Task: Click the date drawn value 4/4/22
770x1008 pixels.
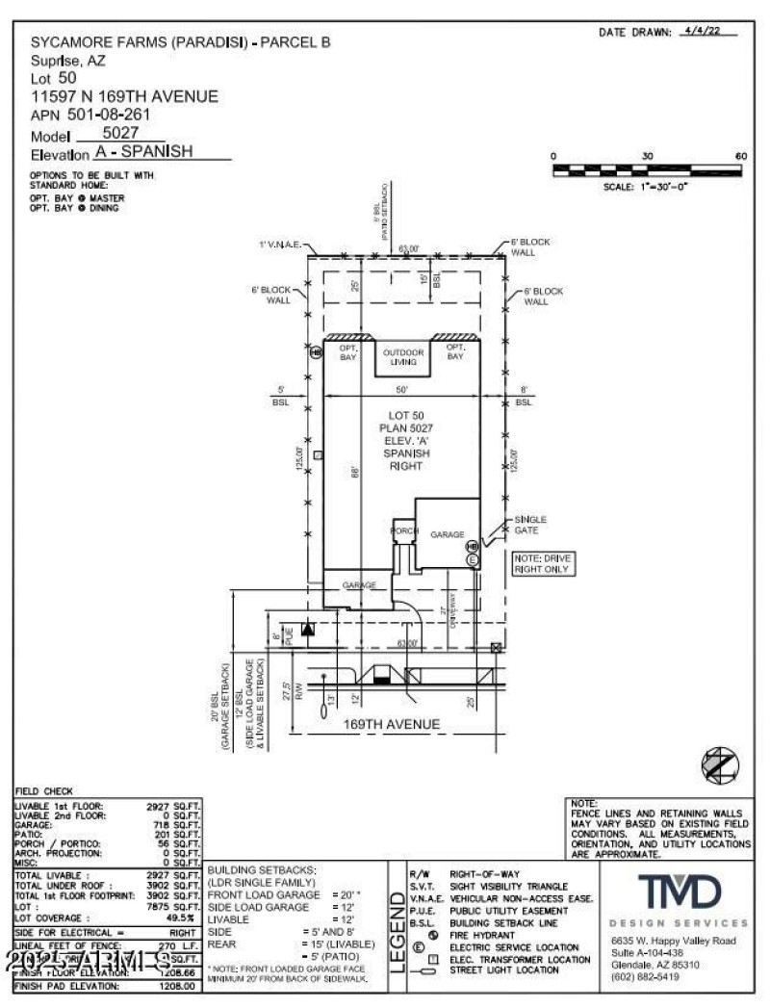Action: [701, 31]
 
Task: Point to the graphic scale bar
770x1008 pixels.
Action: [647, 170]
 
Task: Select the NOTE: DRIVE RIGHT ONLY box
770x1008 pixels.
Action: [541, 563]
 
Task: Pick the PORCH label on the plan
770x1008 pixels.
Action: [402, 531]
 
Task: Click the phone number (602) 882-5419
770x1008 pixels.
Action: [644, 976]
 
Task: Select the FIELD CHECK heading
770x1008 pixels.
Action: [44, 791]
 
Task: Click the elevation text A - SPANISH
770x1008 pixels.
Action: [144, 152]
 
